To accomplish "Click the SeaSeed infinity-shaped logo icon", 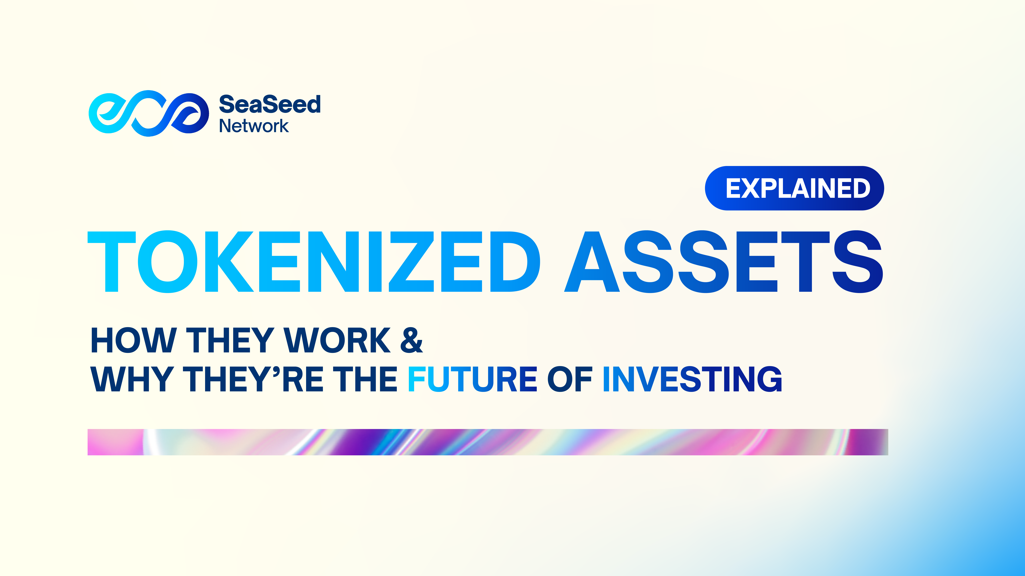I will click(x=148, y=113).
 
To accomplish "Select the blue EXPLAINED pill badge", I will click(x=794, y=188).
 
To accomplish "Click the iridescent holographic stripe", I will click(x=487, y=442).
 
